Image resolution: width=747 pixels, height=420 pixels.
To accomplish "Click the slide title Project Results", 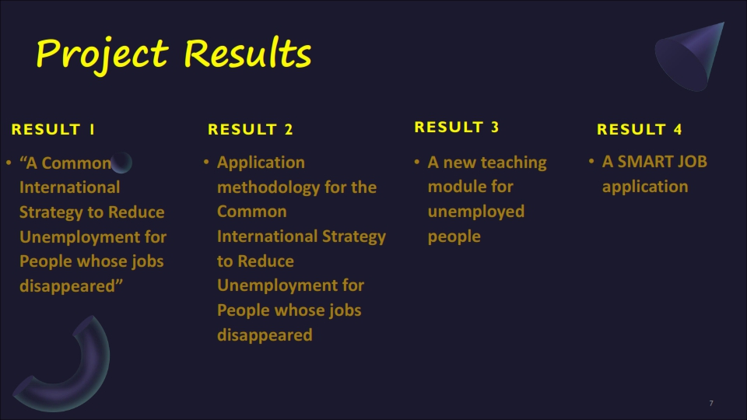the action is [174, 54].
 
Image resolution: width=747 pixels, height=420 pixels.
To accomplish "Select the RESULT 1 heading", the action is [53, 130].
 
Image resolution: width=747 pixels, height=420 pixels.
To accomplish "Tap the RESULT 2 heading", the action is [251, 130].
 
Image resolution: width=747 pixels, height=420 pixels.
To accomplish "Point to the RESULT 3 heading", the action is [457, 127].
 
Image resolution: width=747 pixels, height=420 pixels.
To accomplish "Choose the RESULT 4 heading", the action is [640, 130].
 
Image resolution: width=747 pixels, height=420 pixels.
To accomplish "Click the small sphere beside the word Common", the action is [121, 163].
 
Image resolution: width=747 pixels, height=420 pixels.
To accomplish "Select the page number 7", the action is [711, 404].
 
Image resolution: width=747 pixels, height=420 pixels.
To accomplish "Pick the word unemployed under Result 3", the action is [476, 212].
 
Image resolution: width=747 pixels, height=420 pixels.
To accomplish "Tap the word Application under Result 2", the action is [261, 163].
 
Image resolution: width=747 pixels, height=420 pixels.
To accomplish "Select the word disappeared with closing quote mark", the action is [71, 286].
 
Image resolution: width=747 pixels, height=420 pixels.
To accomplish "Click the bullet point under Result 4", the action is [591, 162].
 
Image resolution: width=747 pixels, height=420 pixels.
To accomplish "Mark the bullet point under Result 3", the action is [417, 162].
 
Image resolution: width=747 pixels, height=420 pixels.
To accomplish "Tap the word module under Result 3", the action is [458, 187].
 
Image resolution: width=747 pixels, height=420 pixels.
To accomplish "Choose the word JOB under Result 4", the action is [693, 162].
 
